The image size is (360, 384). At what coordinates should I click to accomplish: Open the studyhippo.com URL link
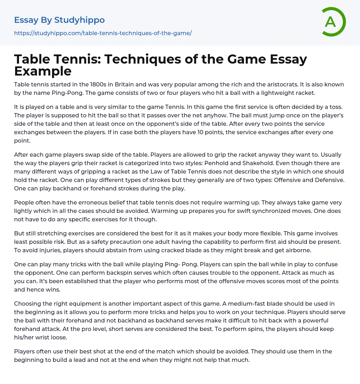coord(103,33)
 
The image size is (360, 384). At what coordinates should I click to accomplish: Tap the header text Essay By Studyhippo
coord(59,20)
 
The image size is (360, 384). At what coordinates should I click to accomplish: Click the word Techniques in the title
coord(149,59)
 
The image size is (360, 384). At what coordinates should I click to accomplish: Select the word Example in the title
coord(43,71)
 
